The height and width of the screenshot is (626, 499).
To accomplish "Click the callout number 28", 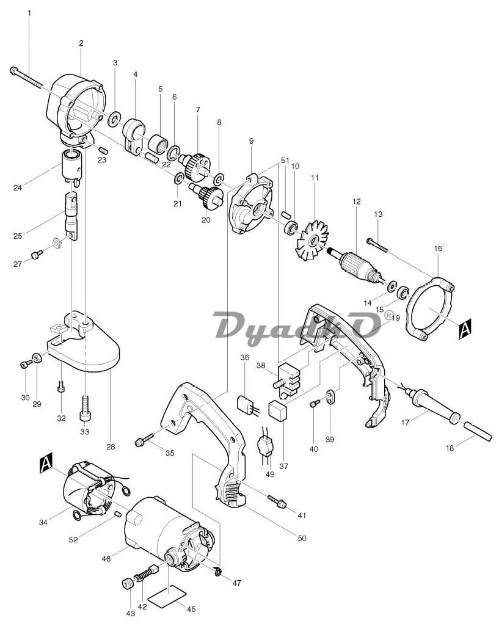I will coord(111,447).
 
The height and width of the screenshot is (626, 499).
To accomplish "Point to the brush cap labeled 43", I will coord(127,583).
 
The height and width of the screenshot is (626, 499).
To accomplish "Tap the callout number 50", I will coord(302,538).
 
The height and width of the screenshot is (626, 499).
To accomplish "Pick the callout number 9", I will coord(251,141).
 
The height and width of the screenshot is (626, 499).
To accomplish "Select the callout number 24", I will coord(18,187).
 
